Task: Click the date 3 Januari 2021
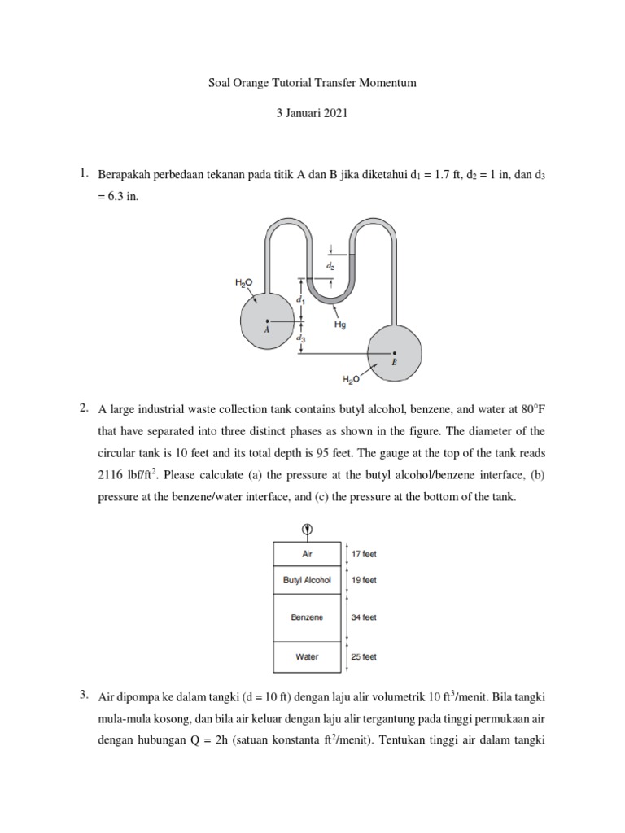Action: tap(312, 114)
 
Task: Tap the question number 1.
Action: tap(83, 173)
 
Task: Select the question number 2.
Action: tap(83, 407)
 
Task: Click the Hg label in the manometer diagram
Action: tap(342, 324)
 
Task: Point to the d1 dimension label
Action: tap(300, 300)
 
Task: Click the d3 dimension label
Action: tap(301, 337)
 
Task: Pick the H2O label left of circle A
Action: tap(243, 282)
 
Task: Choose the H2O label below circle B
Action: tap(351, 379)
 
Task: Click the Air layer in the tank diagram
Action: tap(307, 553)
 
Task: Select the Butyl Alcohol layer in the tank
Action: tap(307, 580)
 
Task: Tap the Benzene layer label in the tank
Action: tap(307, 617)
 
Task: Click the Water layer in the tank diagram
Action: tap(307, 656)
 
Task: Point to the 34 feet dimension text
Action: tap(364, 617)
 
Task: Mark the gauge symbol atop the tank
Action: tap(307, 530)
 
